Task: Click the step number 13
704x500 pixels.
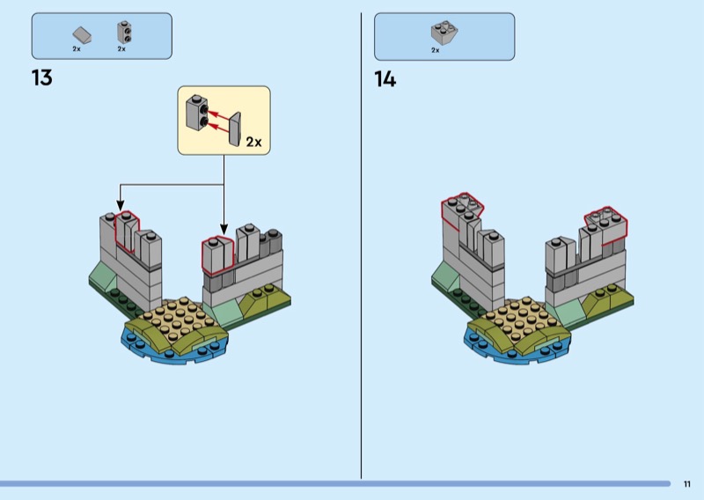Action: (x=41, y=77)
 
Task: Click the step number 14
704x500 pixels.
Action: (x=385, y=79)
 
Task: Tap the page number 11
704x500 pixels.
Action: (x=686, y=483)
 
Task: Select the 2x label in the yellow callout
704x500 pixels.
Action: (x=253, y=141)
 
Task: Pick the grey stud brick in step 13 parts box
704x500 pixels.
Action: (x=123, y=33)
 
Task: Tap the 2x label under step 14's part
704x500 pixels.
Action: (x=435, y=50)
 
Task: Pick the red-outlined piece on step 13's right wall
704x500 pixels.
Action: (x=216, y=254)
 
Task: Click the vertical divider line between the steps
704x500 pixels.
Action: (x=361, y=246)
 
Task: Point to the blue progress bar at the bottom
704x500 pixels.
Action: (x=334, y=483)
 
